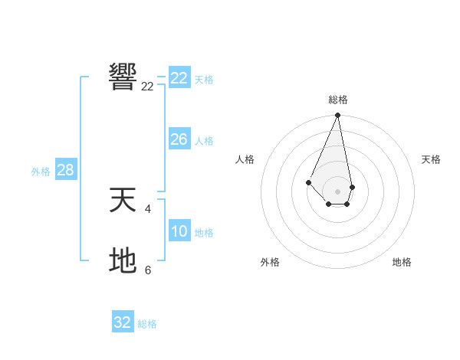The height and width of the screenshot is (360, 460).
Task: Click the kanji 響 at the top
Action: [x=123, y=77]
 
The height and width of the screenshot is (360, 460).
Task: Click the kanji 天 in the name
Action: [x=123, y=200]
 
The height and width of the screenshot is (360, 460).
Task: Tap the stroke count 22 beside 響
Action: [x=147, y=87]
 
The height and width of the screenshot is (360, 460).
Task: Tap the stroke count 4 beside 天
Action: [x=147, y=208]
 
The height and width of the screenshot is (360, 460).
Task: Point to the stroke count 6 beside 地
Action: [x=148, y=270]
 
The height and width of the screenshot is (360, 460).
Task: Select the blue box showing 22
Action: [x=179, y=78]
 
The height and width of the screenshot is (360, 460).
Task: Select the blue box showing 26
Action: [x=179, y=139]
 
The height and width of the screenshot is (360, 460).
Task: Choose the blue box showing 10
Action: [x=179, y=231]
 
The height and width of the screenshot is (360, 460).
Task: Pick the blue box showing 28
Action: [x=65, y=170]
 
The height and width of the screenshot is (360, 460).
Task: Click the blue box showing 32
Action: [x=123, y=322]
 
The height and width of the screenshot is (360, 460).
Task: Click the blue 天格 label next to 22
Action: [x=204, y=79]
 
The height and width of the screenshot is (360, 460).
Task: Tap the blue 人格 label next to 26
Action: [x=204, y=140]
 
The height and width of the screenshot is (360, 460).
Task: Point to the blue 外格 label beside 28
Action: [x=41, y=172]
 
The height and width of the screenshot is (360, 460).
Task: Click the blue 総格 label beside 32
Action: [x=147, y=324]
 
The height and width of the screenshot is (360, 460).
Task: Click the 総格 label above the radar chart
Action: [x=338, y=100]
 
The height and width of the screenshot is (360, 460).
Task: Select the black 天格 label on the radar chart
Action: [x=431, y=159]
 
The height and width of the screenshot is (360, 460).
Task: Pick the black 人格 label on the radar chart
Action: [x=245, y=159]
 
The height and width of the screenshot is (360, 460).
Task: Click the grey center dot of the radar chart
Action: [x=338, y=191]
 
